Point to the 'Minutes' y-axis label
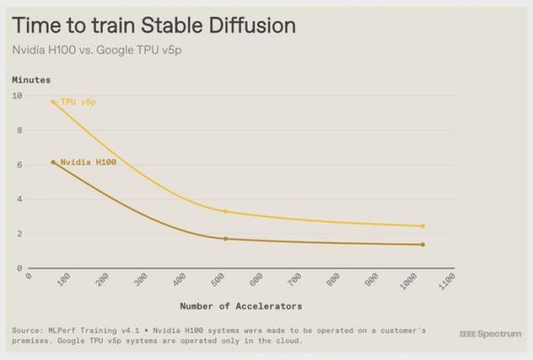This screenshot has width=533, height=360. tap(32, 80)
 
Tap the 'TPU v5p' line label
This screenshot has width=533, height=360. tap(78, 102)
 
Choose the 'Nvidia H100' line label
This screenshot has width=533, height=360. tap(88, 163)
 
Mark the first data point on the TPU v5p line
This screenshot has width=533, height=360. tap(53, 102)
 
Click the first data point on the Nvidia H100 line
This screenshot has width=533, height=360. tap(53, 162)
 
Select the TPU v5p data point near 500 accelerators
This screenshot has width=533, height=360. tap(226, 212)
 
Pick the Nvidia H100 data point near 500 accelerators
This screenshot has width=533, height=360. tap(226, 238)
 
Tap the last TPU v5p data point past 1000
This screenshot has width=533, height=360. tap(423, 226)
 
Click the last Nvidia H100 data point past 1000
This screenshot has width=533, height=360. tap(423, 244)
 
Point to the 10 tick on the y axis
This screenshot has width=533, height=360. tap(18, 95)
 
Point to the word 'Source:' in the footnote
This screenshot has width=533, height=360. tap(28, 330)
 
